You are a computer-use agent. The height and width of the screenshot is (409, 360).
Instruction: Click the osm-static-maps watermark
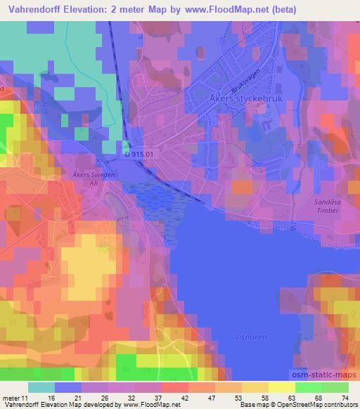(323, 373)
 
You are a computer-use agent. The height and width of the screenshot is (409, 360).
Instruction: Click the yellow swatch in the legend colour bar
(281, 388)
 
